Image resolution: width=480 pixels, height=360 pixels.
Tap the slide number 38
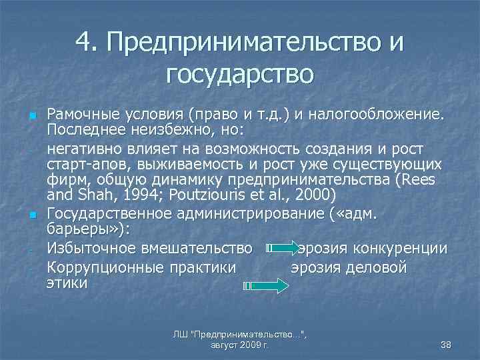click(x=447, y=344)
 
